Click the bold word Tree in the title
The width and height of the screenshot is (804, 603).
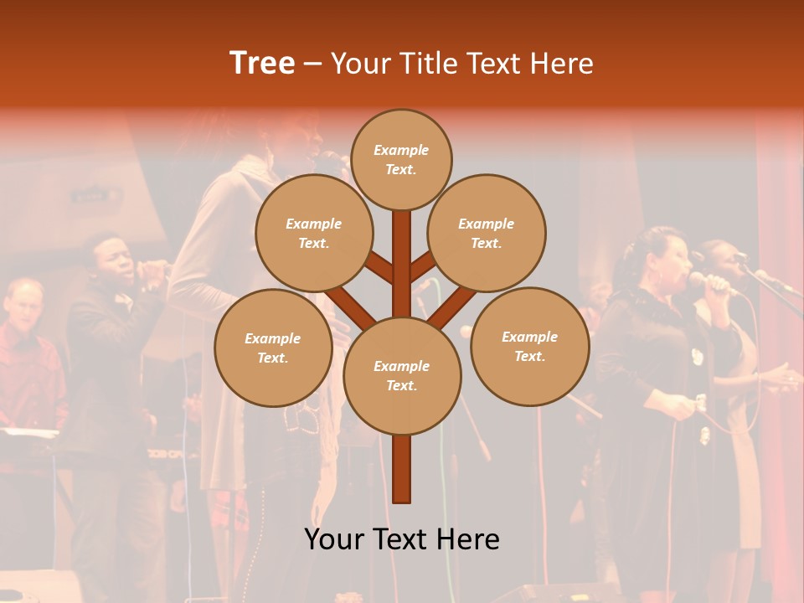click(x=262, y=63)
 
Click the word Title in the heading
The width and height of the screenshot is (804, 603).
click(x=426, y=63)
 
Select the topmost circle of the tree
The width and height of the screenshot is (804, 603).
click(x=401, y=159)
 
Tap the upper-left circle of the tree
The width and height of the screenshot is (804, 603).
click(x=313, y=233)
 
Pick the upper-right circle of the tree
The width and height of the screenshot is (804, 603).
click(x=486, y=233)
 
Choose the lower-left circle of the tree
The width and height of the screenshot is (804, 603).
click(x=272, y=348)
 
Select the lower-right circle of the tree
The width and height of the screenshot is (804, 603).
click(x=529, y=346)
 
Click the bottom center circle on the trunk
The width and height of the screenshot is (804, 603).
click(x=401, y=375)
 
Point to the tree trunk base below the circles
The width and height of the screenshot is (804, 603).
click(x=402, y=473)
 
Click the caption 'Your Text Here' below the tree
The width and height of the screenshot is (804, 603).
click(x=401, y=539)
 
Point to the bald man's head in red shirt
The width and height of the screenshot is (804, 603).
click(x=23, y=297)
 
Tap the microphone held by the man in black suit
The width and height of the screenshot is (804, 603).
click(x=151, y=268)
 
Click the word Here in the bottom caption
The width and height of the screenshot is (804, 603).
click(x=468, y=539)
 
